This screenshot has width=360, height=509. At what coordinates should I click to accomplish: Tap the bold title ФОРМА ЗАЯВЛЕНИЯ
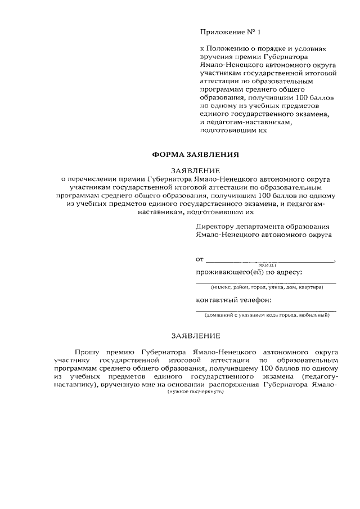click(196, 154)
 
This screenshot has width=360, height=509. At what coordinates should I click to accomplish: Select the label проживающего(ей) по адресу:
click(249, 272)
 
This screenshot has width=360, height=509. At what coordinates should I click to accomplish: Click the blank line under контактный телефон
click(265, 310)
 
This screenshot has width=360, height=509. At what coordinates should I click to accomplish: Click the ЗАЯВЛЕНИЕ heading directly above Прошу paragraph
click(196, 336)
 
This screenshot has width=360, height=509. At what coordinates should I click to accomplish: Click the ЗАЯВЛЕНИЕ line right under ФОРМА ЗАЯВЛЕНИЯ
click(196, 169)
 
